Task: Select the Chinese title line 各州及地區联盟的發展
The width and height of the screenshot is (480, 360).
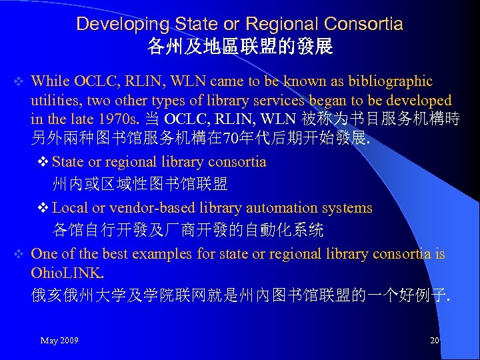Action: [x=240, y=47]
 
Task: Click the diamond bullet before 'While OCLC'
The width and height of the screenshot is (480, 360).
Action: [x=19, y=82]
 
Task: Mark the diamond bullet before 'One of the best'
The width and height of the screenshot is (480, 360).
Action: [x=19, y=254]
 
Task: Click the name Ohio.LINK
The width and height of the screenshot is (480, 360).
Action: [x=67, y=273]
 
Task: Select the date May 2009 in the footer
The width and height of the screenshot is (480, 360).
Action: [x=59, y=341]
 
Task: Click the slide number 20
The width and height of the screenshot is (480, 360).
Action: [x=435, y=341]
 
